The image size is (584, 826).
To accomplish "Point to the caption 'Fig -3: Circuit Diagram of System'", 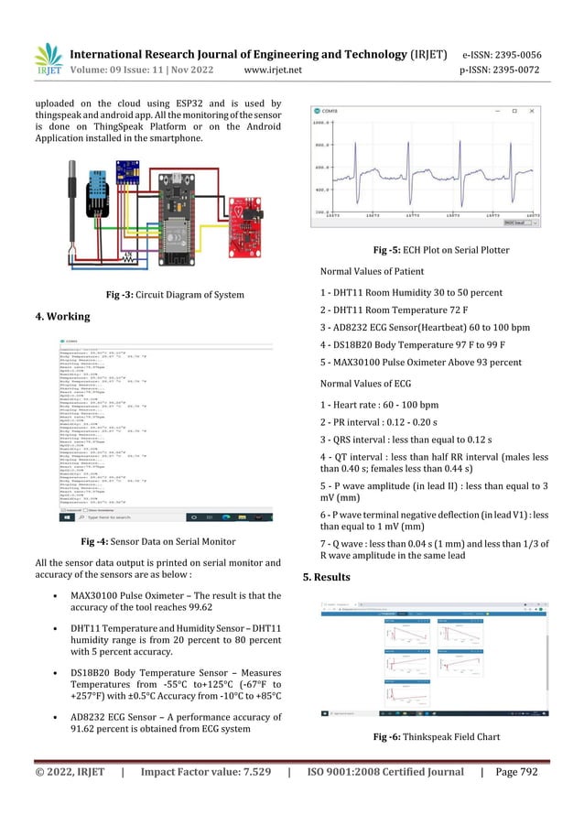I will pyautogui.click(x=175, y=295).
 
